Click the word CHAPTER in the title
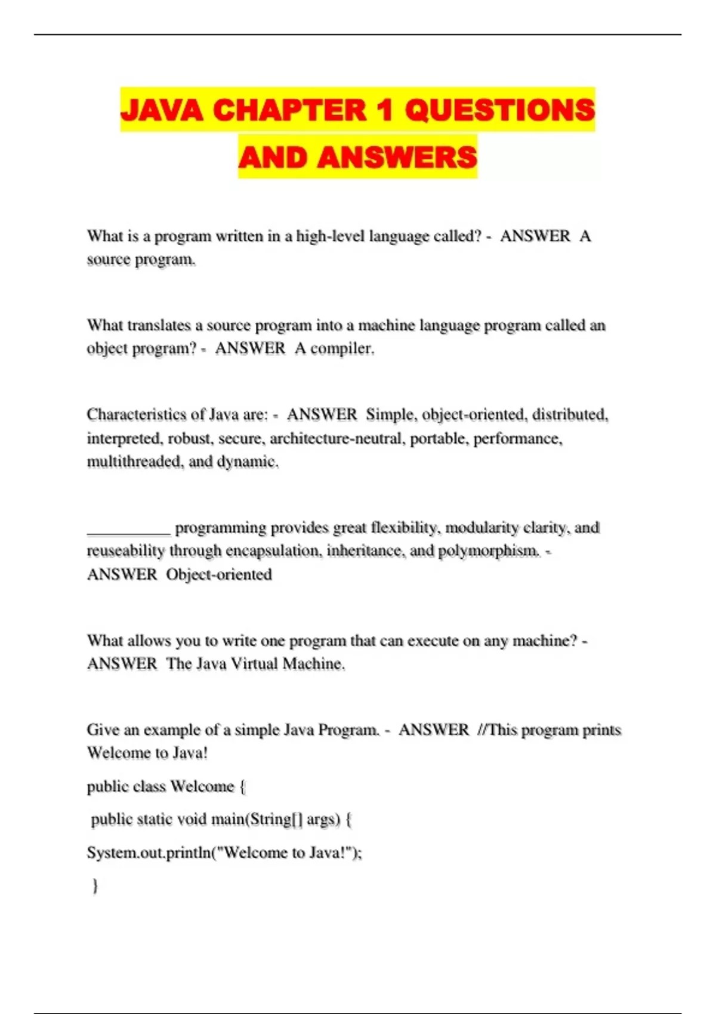(x=289, y=110)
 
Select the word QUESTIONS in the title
(x=500, y=110)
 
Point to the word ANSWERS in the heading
(x=397, y=157)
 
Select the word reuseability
(x=125, y=551)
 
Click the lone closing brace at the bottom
(x=95, y=886)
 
